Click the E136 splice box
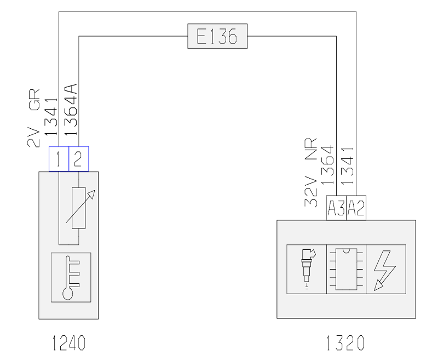[217, 36]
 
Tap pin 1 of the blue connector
[59, 159]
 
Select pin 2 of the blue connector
[79, 159]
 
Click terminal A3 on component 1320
[336, 208]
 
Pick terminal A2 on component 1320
[356, 208]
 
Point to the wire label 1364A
[71, 110]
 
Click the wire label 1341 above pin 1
[51, 117]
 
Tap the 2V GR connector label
[33, 118]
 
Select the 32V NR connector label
[310, 172]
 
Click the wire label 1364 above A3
[327, 165]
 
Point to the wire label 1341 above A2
[348, 165]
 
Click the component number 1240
[69, 343]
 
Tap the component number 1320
[345, 343]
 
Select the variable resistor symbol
[79, 208]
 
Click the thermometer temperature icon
[71, 277]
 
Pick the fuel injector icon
[307, 269]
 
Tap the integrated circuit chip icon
[347, 269]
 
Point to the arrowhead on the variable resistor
[92, 193]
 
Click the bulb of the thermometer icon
[68, 294]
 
